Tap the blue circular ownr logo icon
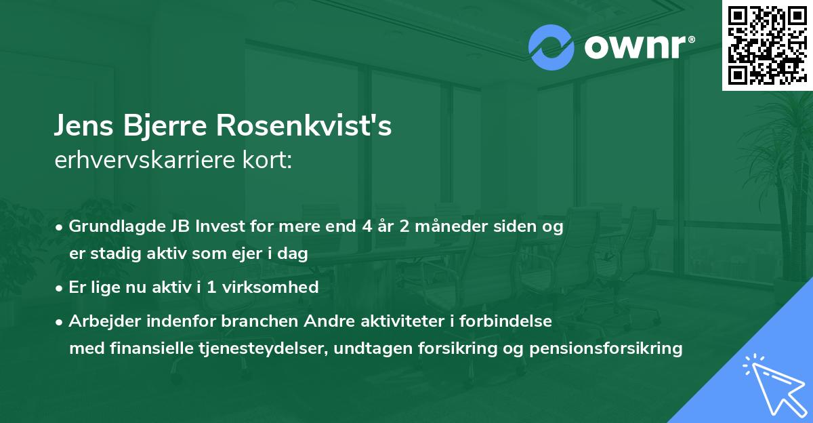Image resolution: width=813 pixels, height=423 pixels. [551, 47]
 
